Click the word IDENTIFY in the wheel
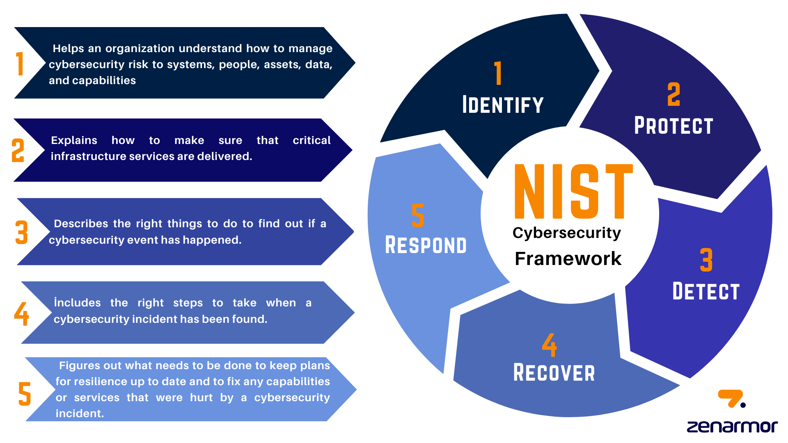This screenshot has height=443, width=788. pos(503,105)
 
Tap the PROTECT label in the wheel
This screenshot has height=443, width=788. pos(673,126)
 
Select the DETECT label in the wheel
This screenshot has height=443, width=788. pos(706,292)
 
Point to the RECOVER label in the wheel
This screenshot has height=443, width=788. pos(554,373)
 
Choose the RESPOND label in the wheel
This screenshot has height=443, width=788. pos(426,245)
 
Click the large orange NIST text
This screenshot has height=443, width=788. pos(573,191)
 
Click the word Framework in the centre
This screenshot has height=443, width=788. pos(568,259)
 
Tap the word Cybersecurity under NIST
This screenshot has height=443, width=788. pos(567,233)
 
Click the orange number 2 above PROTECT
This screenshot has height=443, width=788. pos(673,94)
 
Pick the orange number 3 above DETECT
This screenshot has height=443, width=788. pos(706,260)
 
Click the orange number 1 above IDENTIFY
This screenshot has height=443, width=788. pos(498,73)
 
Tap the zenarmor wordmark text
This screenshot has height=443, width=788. pos(732,427)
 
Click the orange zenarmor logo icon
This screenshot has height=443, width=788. pos(731,398)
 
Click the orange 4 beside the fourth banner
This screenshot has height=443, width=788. pos(21,314)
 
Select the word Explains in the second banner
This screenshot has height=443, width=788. pos(74,141)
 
